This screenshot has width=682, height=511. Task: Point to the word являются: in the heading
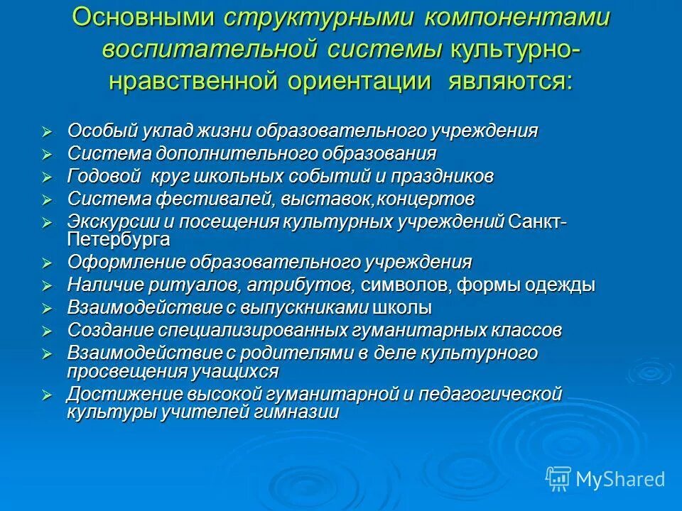coord(509,81)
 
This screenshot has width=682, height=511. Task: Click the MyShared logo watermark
coord(606,479)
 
